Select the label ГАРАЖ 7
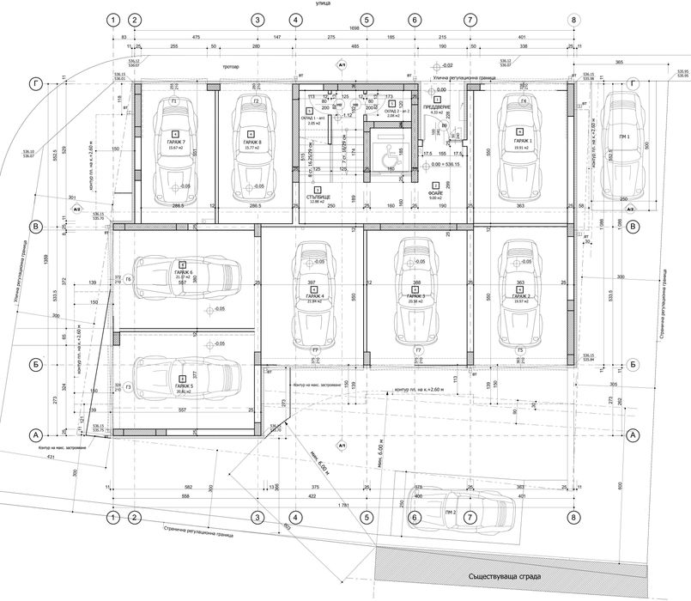pos(177,143)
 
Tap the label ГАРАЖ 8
pos(252,143)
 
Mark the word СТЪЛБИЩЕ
pos(318,197)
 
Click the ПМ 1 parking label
pos(623,137)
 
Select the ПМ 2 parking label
pos(450,512)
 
